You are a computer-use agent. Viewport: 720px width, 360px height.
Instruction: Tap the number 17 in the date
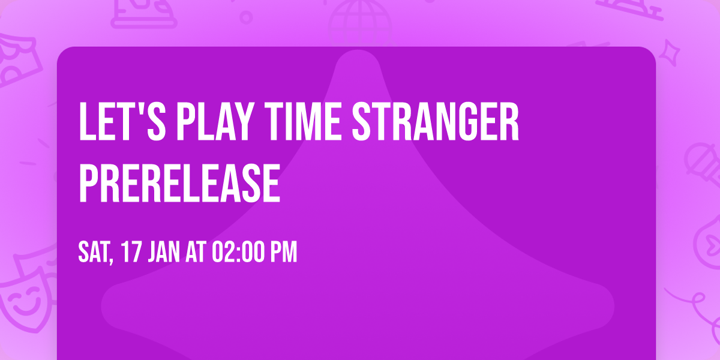pos(131,253)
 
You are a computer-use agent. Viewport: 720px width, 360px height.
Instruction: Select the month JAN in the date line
pos(163,253)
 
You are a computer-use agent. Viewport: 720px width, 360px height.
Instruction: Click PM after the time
pos(284,253)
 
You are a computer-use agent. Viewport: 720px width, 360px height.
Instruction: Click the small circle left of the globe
pos(246,16)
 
